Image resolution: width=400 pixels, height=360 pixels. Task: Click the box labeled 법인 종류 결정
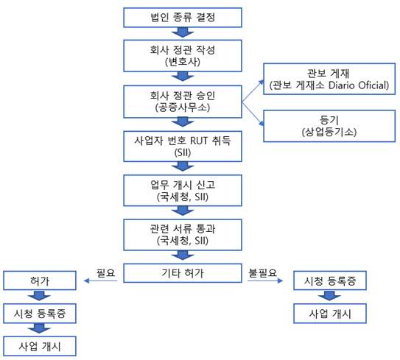point(183,18)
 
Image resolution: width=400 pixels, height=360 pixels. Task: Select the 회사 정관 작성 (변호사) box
point(183,56)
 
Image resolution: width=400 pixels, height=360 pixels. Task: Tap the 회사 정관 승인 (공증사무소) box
point(183,102)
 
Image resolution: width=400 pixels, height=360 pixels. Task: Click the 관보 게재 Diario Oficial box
point(329,79)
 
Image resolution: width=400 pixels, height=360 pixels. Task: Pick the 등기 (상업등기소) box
point(329,126)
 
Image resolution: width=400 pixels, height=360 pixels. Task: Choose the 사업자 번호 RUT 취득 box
point(183,147)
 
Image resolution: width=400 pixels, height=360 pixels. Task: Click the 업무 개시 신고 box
point(183,191)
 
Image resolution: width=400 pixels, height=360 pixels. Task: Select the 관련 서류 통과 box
point(183,235)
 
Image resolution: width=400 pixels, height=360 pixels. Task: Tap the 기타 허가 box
point(183,273)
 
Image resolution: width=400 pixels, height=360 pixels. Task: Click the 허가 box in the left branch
point(40,280)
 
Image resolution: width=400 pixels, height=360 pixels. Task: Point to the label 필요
point(105,273)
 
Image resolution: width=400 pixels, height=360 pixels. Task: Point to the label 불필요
point(262,273)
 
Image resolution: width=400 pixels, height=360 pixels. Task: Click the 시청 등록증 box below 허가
point(40,314)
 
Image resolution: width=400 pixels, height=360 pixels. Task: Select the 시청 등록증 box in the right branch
point(330,280)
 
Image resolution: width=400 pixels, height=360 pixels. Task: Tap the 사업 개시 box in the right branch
point(330,314)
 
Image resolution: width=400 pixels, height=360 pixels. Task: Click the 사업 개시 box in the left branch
point(40,346)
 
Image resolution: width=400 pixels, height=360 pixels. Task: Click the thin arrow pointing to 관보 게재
point(253,91)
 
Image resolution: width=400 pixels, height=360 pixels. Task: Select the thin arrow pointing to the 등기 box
point(253,113)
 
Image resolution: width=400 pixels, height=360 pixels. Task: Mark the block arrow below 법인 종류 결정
point(183,32)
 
